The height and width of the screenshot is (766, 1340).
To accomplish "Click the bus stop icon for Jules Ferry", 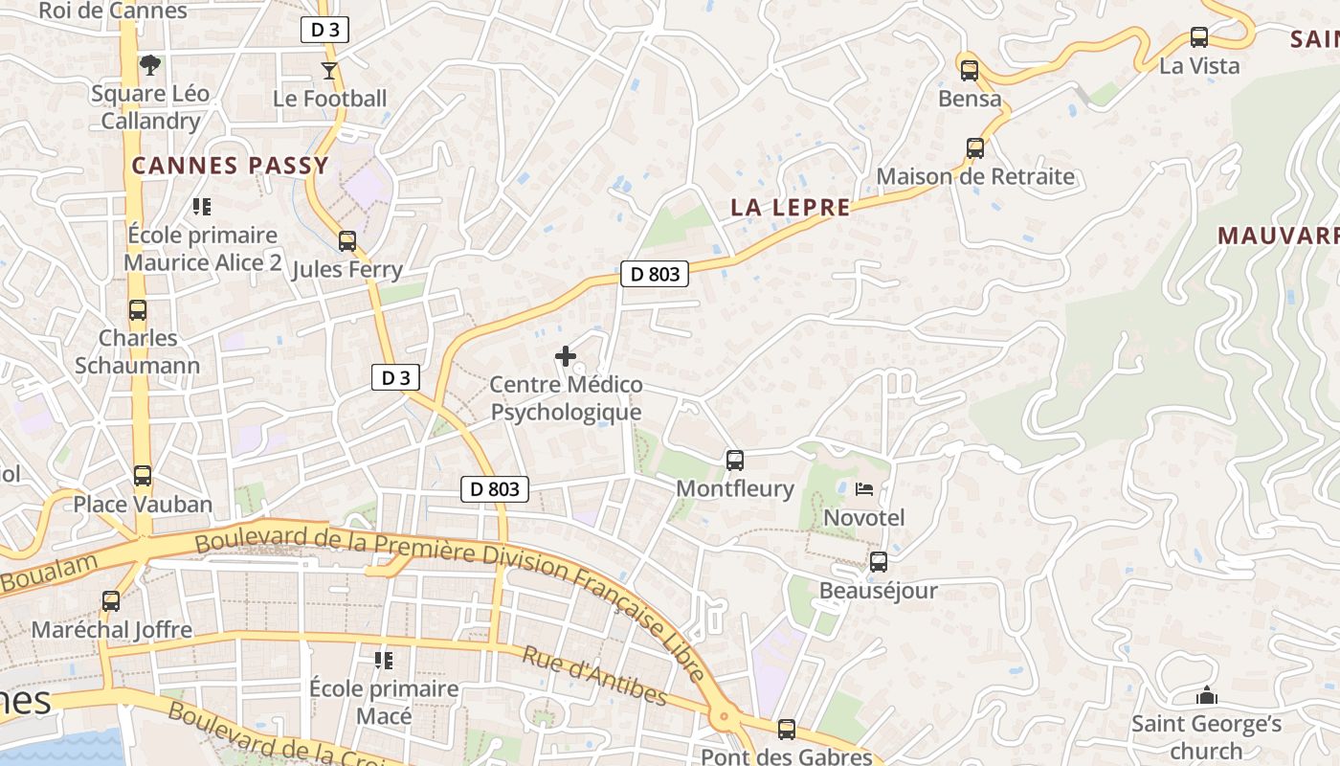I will pos(347,241).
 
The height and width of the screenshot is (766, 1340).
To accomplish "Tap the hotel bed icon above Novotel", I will pos(864,489).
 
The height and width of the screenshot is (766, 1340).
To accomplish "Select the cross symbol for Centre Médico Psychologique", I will pos(566,357).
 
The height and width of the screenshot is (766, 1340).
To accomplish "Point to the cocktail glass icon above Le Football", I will pos(329,70).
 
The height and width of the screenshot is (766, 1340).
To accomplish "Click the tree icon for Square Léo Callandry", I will pos(149,65).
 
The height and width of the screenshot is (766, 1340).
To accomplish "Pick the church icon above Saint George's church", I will pos(1206,696).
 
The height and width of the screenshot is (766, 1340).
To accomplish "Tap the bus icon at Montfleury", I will pos(735,461).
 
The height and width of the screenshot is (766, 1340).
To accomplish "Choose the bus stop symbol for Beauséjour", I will pos(878,562).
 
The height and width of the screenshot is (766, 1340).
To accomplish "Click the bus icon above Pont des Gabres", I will pos(787,730).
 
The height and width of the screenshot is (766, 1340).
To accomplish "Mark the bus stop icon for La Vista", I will pos(1199,37).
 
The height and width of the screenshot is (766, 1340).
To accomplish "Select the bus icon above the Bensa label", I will pos(970,70).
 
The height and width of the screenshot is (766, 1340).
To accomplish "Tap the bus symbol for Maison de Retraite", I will pos(975,148).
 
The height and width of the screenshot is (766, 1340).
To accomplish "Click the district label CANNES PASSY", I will pos(230,166).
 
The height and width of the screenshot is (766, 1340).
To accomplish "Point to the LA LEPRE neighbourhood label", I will pos(790,207).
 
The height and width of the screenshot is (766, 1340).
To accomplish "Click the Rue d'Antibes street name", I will pos(594,675).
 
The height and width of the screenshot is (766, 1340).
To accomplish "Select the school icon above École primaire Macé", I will pos(384,660).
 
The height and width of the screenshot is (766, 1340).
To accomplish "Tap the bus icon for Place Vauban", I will pos(143,475).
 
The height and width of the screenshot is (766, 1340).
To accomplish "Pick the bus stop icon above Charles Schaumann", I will pos(138,310).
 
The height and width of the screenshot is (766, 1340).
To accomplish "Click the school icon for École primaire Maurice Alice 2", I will pos(202,207).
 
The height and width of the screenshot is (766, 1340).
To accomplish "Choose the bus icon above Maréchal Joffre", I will pos(111,601).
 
